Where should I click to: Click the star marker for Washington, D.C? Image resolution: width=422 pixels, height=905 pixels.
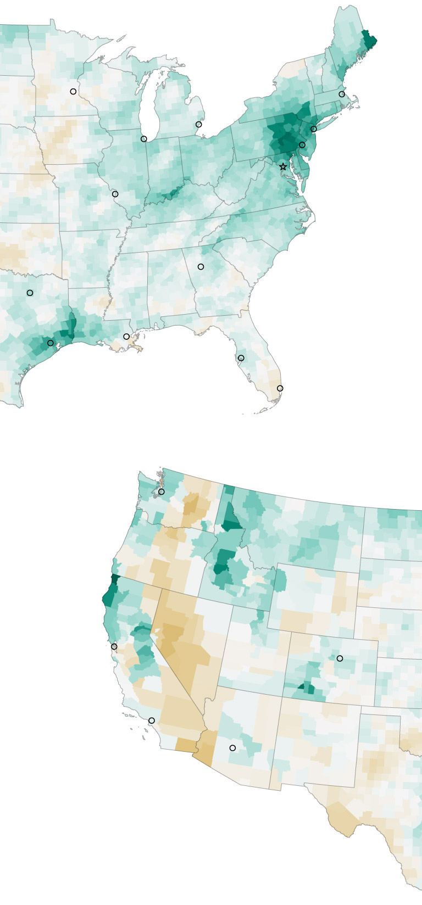(283, 166)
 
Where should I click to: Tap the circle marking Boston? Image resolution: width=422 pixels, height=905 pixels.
(342, 94)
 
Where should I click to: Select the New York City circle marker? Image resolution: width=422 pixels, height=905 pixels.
(314, 129)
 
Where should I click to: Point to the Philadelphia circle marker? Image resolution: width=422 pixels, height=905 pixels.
(302, 145)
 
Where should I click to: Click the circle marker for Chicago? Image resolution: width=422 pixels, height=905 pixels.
(144, 139)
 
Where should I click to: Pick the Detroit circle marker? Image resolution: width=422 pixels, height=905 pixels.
(199, 125)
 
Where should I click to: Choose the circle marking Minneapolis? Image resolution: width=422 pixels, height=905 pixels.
(73, 92)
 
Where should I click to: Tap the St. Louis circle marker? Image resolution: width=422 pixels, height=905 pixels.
(115, 194)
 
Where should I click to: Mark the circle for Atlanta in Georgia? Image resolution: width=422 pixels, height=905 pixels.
(201, 267)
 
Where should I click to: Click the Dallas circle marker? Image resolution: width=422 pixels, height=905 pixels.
(30, 293)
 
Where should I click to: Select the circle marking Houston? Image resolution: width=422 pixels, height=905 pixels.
(51, 343)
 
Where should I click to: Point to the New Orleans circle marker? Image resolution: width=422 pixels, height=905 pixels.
(126, 337)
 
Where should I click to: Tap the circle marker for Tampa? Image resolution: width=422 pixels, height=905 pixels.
(241, 358)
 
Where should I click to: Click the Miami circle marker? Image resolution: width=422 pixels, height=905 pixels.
(280, 388)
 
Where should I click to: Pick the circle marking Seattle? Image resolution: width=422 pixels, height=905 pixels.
(161, 492)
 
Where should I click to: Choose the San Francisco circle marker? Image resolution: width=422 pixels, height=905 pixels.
(114, 646)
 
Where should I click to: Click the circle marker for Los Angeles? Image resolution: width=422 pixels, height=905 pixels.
(152, 720)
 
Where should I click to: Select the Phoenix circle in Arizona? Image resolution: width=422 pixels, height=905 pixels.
(232, 748)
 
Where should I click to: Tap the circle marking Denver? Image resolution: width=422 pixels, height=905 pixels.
(340, 658)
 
